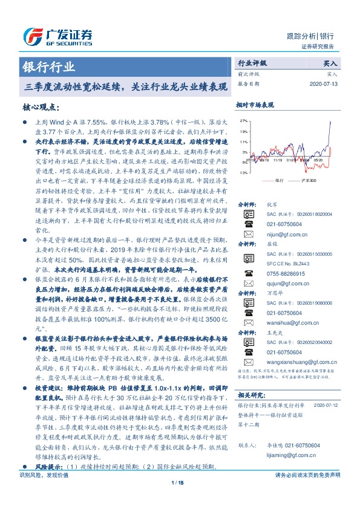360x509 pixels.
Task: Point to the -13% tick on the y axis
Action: coord(242,173)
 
